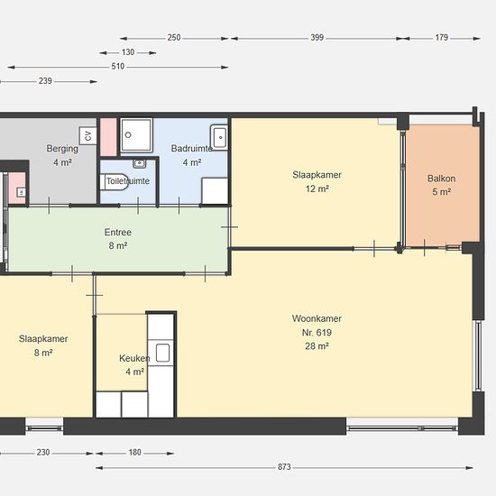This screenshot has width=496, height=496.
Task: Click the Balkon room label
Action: point(441,179)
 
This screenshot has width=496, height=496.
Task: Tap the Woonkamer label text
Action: point(317,318)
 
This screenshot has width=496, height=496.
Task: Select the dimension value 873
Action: point(284,467)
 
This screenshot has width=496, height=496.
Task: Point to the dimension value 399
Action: point(317,38)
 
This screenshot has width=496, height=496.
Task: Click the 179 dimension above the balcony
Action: point(441,38)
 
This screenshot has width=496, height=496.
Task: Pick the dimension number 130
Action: point(128,52)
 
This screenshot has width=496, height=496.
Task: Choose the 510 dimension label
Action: point(117,67)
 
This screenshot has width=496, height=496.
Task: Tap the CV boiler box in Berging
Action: point(87,135)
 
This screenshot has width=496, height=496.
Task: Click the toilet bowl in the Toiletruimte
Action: point(114,182)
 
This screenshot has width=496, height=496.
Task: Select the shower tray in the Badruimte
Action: point(137,134)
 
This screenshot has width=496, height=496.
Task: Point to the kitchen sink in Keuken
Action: point(162,353)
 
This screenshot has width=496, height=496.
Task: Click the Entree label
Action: point(118,232)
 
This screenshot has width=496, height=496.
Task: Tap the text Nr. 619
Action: point(317,333)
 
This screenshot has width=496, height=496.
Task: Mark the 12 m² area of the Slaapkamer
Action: point(317,188)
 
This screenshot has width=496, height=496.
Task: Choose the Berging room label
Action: point(62,149)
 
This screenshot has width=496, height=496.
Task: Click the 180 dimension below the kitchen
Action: point(134,453)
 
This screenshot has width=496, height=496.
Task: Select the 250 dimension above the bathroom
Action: point(174,38)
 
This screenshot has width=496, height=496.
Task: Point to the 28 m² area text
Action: point(317,346)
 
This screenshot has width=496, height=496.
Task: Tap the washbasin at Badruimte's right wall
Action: point(219,137)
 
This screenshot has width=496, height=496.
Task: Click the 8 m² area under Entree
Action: point(118,246)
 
